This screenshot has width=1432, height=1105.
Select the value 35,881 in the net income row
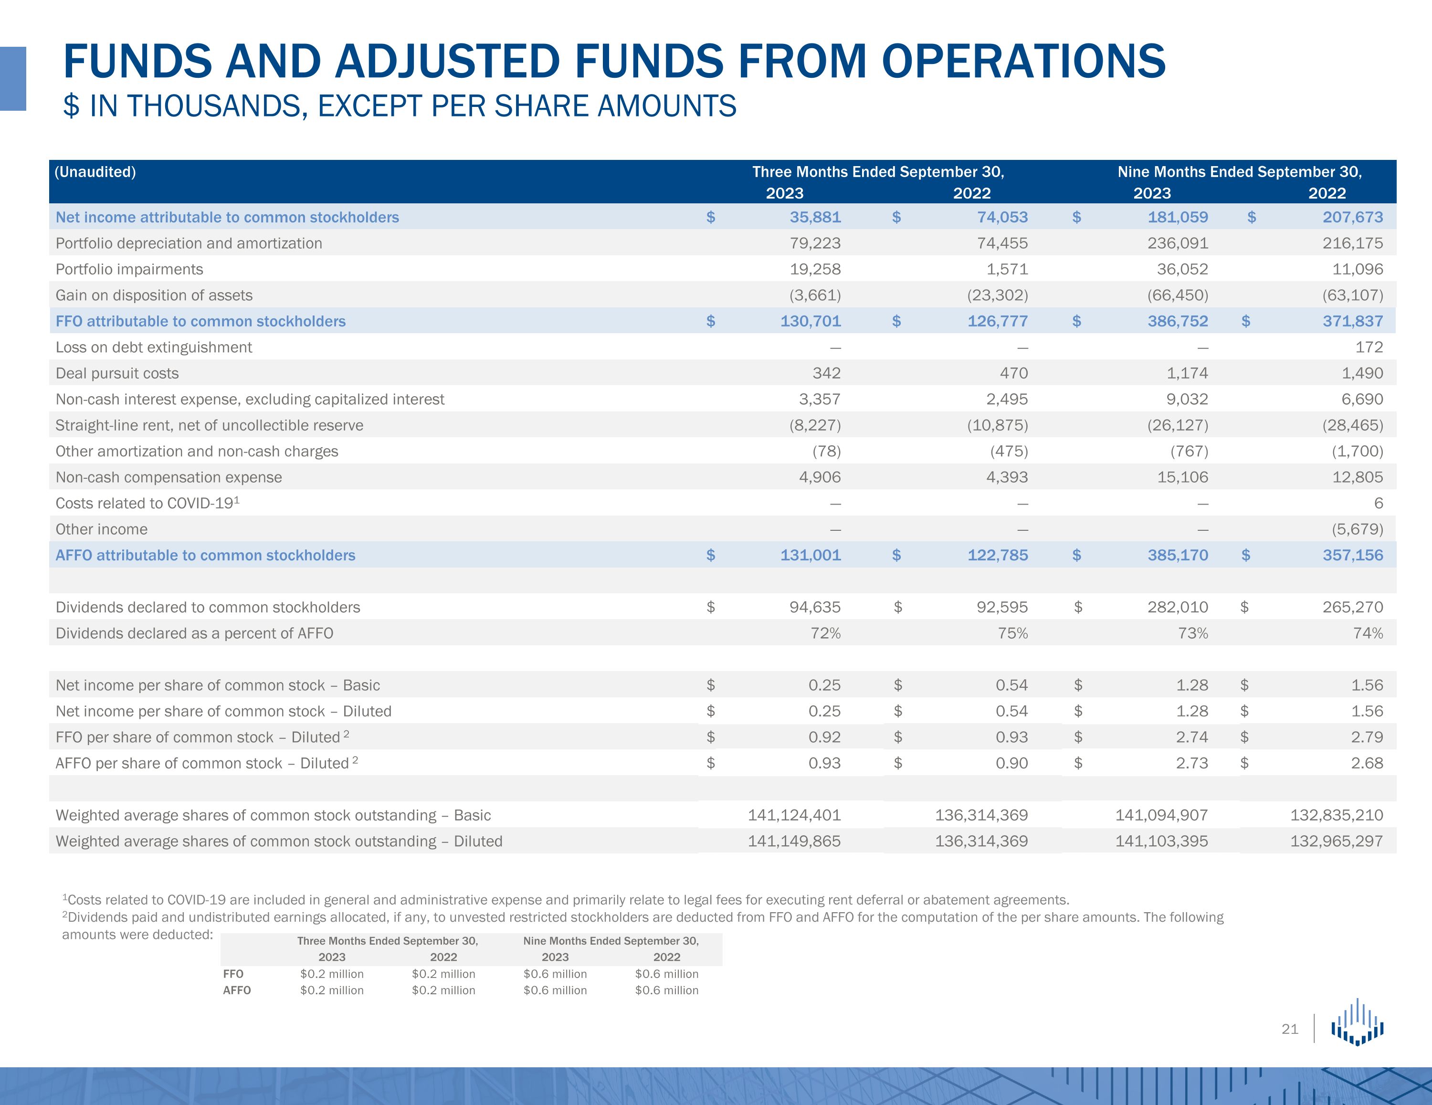[815, 217]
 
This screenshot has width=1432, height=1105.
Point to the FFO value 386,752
[1178, 321]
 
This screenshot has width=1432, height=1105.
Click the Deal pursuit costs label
[117, 374]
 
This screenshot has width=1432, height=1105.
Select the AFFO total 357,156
[1353, 556]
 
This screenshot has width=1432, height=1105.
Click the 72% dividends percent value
[825, 633]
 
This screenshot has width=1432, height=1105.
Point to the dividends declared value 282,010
[1178, 607]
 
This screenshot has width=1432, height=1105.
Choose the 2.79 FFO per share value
[1367, 737]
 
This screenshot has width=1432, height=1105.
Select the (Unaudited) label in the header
[95, 172]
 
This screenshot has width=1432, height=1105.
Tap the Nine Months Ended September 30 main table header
[1239, 172]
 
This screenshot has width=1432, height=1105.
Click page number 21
[1290, 1030]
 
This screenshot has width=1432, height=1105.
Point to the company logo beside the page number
[1357, 1022]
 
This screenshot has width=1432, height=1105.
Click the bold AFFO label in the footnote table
[237, 990]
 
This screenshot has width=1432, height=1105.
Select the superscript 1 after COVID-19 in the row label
[237, 500]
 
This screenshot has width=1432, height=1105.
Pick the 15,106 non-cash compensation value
[1182, 477]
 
